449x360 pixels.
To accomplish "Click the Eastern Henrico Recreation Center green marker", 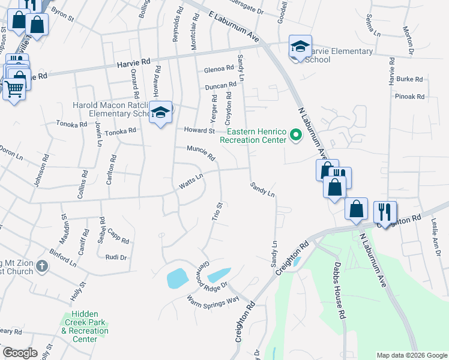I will coord(295,135).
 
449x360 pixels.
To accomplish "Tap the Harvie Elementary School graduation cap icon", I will coord(300,47).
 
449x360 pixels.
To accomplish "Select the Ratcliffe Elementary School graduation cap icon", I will coord(160,112).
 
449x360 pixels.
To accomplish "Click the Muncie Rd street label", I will coord(200,153).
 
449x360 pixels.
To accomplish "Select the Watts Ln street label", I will coord(191,181).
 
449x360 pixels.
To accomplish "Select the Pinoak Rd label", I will coord(410,96).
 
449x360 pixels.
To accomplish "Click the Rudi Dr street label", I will coord(116,257).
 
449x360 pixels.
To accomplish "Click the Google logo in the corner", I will coord(20,353).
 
